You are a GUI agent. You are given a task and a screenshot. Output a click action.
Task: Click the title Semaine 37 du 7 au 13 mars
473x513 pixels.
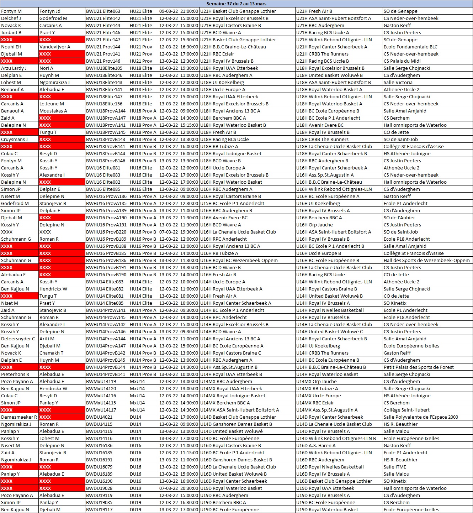tap(236, 4)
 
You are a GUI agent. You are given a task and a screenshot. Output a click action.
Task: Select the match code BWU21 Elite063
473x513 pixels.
tap(103, 11)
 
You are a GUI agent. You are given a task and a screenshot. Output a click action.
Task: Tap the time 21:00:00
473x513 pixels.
tap(189, 11)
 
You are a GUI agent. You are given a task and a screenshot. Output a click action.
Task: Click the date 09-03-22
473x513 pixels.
tap(169, 11)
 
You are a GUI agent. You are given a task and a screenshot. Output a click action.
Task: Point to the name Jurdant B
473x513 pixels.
tap(11, 32)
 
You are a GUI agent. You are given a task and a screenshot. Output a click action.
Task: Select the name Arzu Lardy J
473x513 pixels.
tap(14, 68)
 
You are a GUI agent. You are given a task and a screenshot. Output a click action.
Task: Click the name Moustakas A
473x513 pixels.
tap(53, 111)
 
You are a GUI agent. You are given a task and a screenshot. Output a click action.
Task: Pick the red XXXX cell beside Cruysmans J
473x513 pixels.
tap(62, 139)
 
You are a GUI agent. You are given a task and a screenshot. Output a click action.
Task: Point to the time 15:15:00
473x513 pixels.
tap(189, 125)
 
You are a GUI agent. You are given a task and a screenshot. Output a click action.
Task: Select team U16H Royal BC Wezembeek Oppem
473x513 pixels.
tap(239, 260)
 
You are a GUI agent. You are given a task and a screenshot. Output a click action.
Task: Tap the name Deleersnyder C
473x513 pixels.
tap(18, 339)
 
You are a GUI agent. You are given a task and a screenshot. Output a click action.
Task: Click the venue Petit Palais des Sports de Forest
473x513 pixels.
tap(419, 367)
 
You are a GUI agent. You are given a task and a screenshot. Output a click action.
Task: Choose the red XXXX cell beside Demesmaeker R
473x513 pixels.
tap(62, 417)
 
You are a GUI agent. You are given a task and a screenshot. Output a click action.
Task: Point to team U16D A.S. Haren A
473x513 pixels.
tap(316, 445)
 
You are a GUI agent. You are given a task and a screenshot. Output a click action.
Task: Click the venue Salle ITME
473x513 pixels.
tap(395, 467)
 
